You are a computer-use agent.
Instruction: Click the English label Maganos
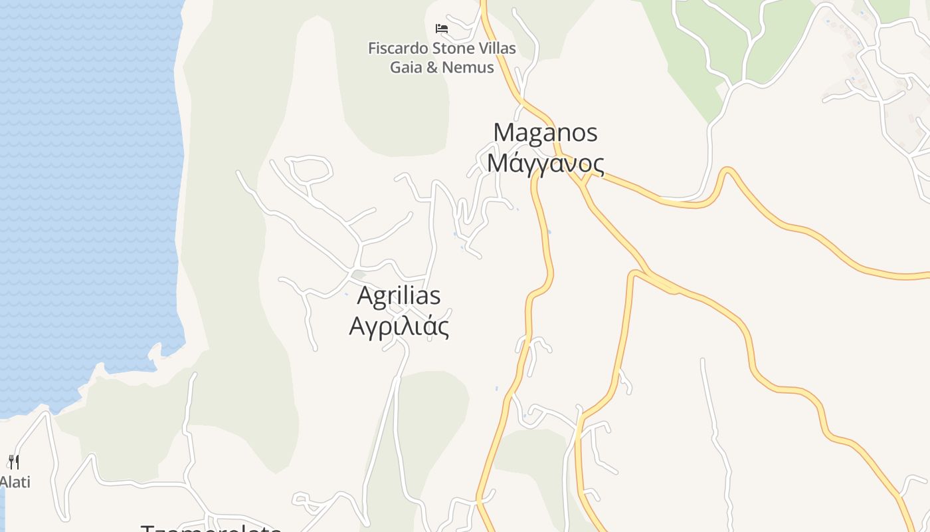point(545,132)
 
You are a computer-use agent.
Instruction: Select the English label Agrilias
point(399,295)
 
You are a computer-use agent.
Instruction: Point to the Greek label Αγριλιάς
point(399,327)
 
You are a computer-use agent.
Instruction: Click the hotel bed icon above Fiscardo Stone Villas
point(442,28)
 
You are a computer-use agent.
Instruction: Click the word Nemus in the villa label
point(470,67)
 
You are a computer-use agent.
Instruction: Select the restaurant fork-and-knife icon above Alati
point(13,462)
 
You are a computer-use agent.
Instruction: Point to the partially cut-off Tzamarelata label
point(211,528)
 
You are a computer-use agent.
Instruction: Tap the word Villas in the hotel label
point(497,49)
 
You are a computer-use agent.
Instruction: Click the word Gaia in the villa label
point(406,67)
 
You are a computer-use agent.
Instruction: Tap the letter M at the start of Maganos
point(502,132)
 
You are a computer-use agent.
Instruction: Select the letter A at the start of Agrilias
point(366,295)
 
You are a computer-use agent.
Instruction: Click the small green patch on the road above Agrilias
point(359,274)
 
